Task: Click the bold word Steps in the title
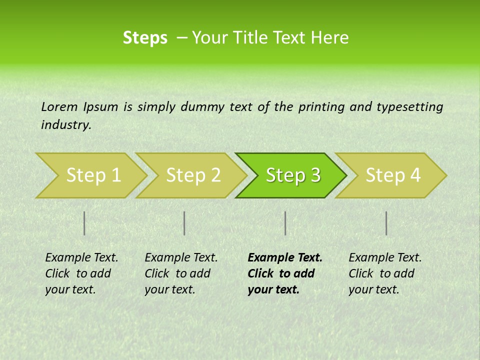(x=145, y=38)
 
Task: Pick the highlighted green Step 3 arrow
(x=293, y=175)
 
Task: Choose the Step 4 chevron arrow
(x=393, y=175)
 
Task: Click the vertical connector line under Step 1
(x=84, y=223)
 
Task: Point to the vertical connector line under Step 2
(x=184, y=223)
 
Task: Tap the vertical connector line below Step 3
(x=285, y=223)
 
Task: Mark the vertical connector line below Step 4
(x=386, y=223)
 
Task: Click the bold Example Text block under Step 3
(x=285, y=273)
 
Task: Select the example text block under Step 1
(x=81, y=273)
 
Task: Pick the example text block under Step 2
(x=181, y=273)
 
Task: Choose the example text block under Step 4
(x=385, y=273)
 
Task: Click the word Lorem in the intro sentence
(x=59, y=106)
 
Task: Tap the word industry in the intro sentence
(x=66, y=125)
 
